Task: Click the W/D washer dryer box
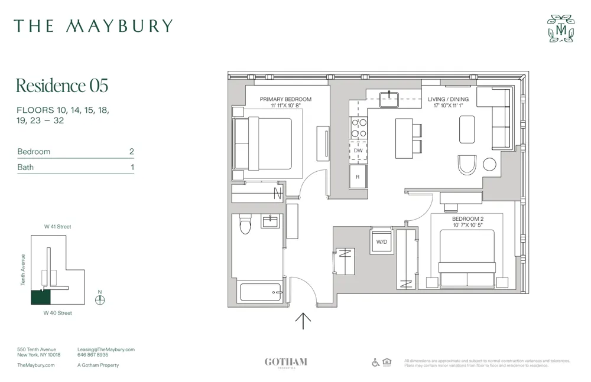[382, 242]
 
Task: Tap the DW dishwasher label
[358, 151]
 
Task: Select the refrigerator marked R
[358, 177]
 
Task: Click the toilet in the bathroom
[245, 224]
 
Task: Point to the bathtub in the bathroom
[261, 292]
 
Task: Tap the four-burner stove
[358, 128]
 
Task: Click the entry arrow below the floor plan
[303, 320]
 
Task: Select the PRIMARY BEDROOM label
[285, 99]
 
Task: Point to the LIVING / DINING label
[448, 99]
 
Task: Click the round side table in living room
[489, 165]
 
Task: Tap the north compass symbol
[100, 299]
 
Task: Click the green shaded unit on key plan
[41, 297]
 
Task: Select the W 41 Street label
[57, 227]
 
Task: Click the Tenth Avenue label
[23, 270]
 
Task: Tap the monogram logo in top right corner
[560, 29]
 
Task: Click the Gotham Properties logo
[285, 363]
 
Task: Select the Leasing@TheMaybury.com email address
[106, 350]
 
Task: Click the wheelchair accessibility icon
[375, 362]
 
